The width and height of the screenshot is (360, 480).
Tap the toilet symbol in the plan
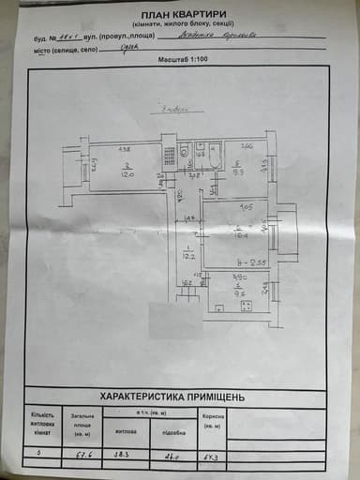click(x=186, y=151)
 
